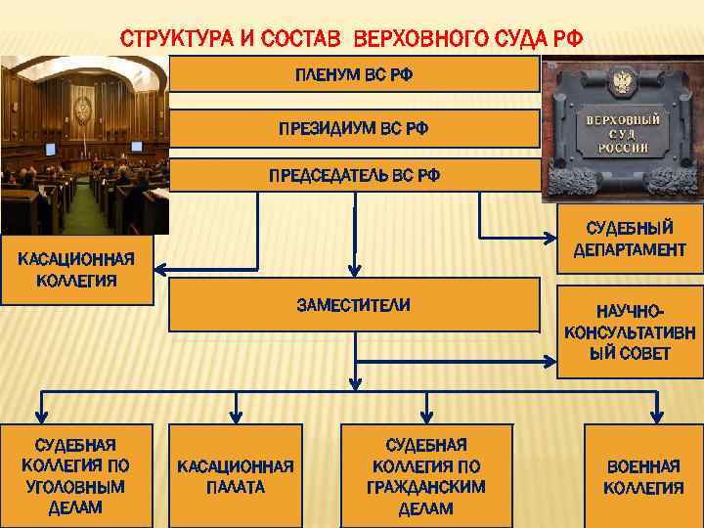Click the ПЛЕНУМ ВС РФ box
pyautogui.click(x=354, y=73)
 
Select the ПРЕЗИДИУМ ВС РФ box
pyautogui.click(x=354, y=128)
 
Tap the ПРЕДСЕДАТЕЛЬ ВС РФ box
pyautogui.click(x=354, y=175)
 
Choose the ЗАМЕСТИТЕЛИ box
pyautogui.click(x=354, y=305)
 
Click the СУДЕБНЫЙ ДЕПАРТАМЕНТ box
pyautogui.click(x=630, y=239)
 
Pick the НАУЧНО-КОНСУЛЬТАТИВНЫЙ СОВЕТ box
pyautogui.click(x=630, y=331)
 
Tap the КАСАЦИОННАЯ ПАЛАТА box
pyautogui.click(x=236, y=476)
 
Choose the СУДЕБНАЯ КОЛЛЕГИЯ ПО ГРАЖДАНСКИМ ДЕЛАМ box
pyautogui.click(x=425, y=476)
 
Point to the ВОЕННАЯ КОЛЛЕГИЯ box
pyautogui.click(x=642, y=476)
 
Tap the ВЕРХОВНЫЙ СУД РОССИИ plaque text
pyautogui.click(x=622, y=133)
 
